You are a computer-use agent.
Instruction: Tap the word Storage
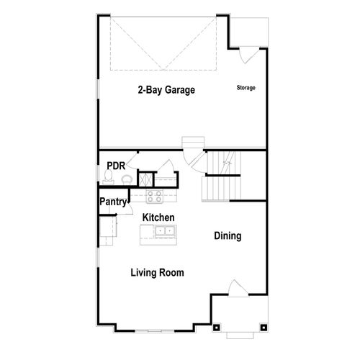pyautogui.click(x=246, y=88)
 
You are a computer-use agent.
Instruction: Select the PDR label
pyautogui.click(x=116, y=165)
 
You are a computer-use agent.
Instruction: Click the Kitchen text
pyautogui.click(x=159, y=217)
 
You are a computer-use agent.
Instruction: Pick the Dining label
pyautogui.click(x=228, y=236)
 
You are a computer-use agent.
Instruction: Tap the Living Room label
pyautogui.click(x=157, y=273)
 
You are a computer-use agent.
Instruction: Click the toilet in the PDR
pyautogui.click(x=126, y=179)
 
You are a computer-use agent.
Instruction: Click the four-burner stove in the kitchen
pyautogui.click(x=154, y=197)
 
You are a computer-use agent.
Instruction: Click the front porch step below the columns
pyautogui.click(x=238, y=335)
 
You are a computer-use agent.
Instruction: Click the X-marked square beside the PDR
pyautogui.click(x=145, y=179)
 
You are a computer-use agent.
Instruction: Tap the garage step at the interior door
pyautogui.click(x=193, y=141)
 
